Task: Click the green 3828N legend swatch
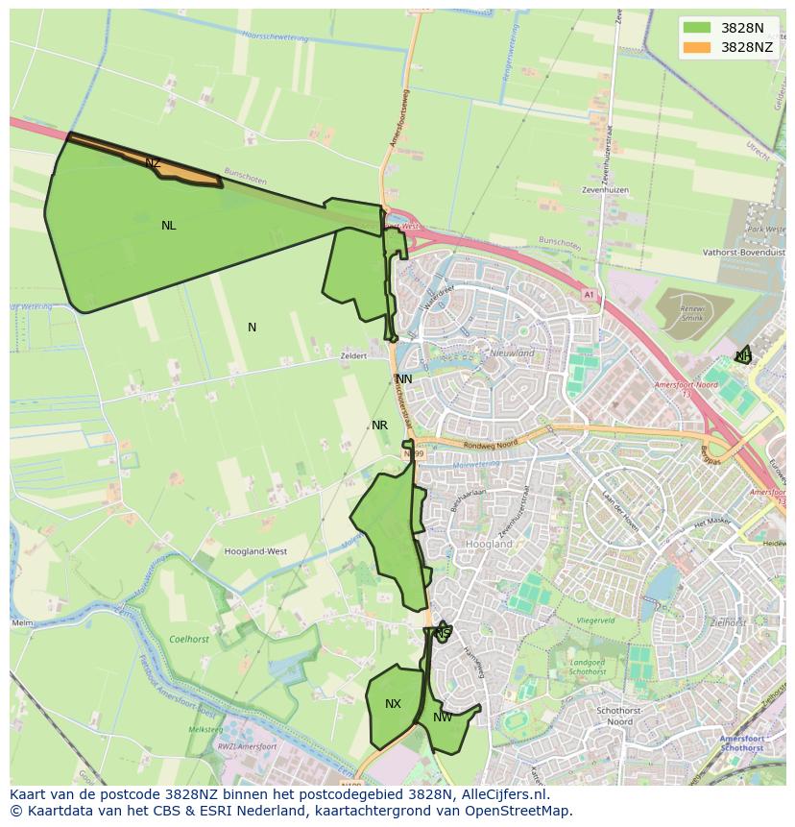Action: pos(697,29)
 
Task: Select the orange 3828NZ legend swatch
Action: pos(697,47)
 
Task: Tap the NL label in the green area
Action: pos(169,226)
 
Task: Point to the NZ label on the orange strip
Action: pos(153,163)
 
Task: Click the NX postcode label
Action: pos(393,704)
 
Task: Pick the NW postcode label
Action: pos(443,718)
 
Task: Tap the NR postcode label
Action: pos(379,426)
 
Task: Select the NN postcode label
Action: pos(404,379)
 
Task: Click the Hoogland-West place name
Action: pos(255,552)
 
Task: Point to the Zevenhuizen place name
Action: pos(605,190)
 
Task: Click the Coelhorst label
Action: pos(188,638)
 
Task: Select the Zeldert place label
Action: pos(353,355)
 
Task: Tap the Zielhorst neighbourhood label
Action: pos(728,622)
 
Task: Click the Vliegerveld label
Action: pos(595,621)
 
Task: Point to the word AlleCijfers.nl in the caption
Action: pos(501,794)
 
